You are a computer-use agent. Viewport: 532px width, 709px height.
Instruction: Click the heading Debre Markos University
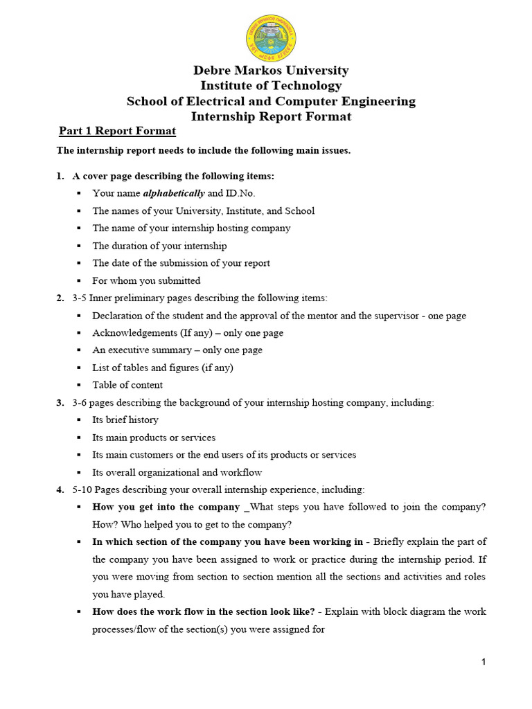coord(271,71)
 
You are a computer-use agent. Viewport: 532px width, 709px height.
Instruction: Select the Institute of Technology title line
coord(271,86)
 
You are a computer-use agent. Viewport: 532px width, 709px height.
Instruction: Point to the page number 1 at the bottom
coord(484,663)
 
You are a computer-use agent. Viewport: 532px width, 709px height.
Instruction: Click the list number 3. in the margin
coord(60,402)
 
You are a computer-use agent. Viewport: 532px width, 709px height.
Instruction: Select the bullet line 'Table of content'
coord(127,385)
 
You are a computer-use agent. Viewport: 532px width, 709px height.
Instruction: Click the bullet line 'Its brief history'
coord(125,420)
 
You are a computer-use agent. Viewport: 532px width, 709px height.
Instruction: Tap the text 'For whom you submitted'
coord(146,280)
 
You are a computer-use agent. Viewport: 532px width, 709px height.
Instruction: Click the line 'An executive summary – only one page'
coord(177,350)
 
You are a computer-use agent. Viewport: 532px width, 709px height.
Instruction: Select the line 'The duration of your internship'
coord(159,246)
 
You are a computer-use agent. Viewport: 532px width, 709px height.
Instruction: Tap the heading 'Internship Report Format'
coord(271,116)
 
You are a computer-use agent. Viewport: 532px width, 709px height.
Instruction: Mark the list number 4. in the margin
coord(60,490)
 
